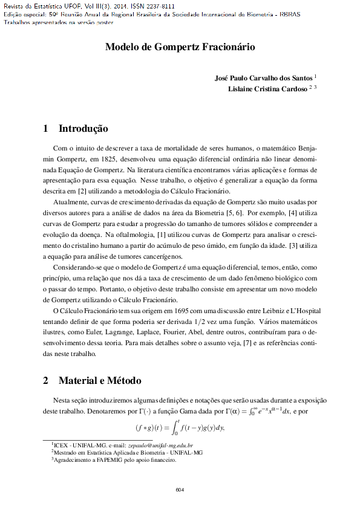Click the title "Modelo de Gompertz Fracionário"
tap(180, 47)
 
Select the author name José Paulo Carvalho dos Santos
tap(264, 79)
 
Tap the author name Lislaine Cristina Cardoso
tap(267, 89)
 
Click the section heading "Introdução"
tap(83, 129)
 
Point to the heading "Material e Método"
tap(100, 381)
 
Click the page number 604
tap(180, 489)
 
